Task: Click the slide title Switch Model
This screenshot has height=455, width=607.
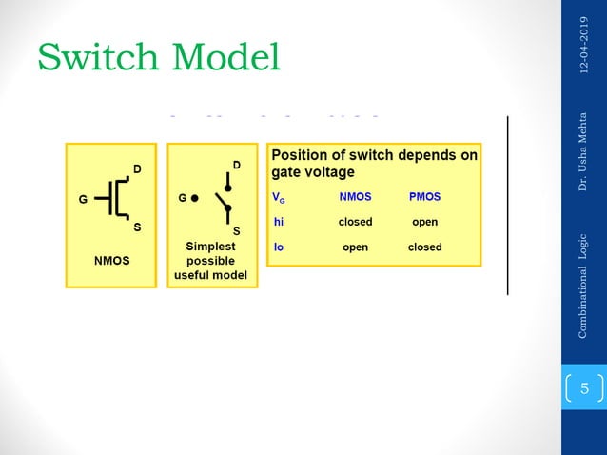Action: [159, 57]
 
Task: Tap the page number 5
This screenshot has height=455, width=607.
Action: [584, 388]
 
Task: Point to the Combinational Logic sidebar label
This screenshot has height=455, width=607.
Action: [582, 284]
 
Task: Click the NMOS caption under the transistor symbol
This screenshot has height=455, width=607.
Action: [111, 259]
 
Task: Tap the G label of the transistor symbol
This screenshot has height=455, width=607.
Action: [83, 200]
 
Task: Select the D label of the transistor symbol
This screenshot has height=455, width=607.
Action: [137, 169]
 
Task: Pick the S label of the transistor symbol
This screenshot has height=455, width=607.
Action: [137, 227]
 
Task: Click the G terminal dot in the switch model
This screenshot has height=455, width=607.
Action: [195, 200]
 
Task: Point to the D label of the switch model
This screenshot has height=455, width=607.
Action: [236, 166]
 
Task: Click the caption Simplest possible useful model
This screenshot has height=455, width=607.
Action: [210, 260]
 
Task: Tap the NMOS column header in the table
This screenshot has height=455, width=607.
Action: [355, 198]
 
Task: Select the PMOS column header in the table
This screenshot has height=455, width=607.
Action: [424, 198]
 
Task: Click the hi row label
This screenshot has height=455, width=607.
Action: [279, 222]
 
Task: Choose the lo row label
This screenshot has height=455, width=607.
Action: [279, 247]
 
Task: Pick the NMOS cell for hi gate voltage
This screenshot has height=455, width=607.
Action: [355, 222]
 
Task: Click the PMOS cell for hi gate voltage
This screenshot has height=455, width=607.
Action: [424, 222]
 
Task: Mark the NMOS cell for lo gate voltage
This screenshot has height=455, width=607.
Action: [355, 247]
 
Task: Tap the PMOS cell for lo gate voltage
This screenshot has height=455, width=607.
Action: [424, 247]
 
